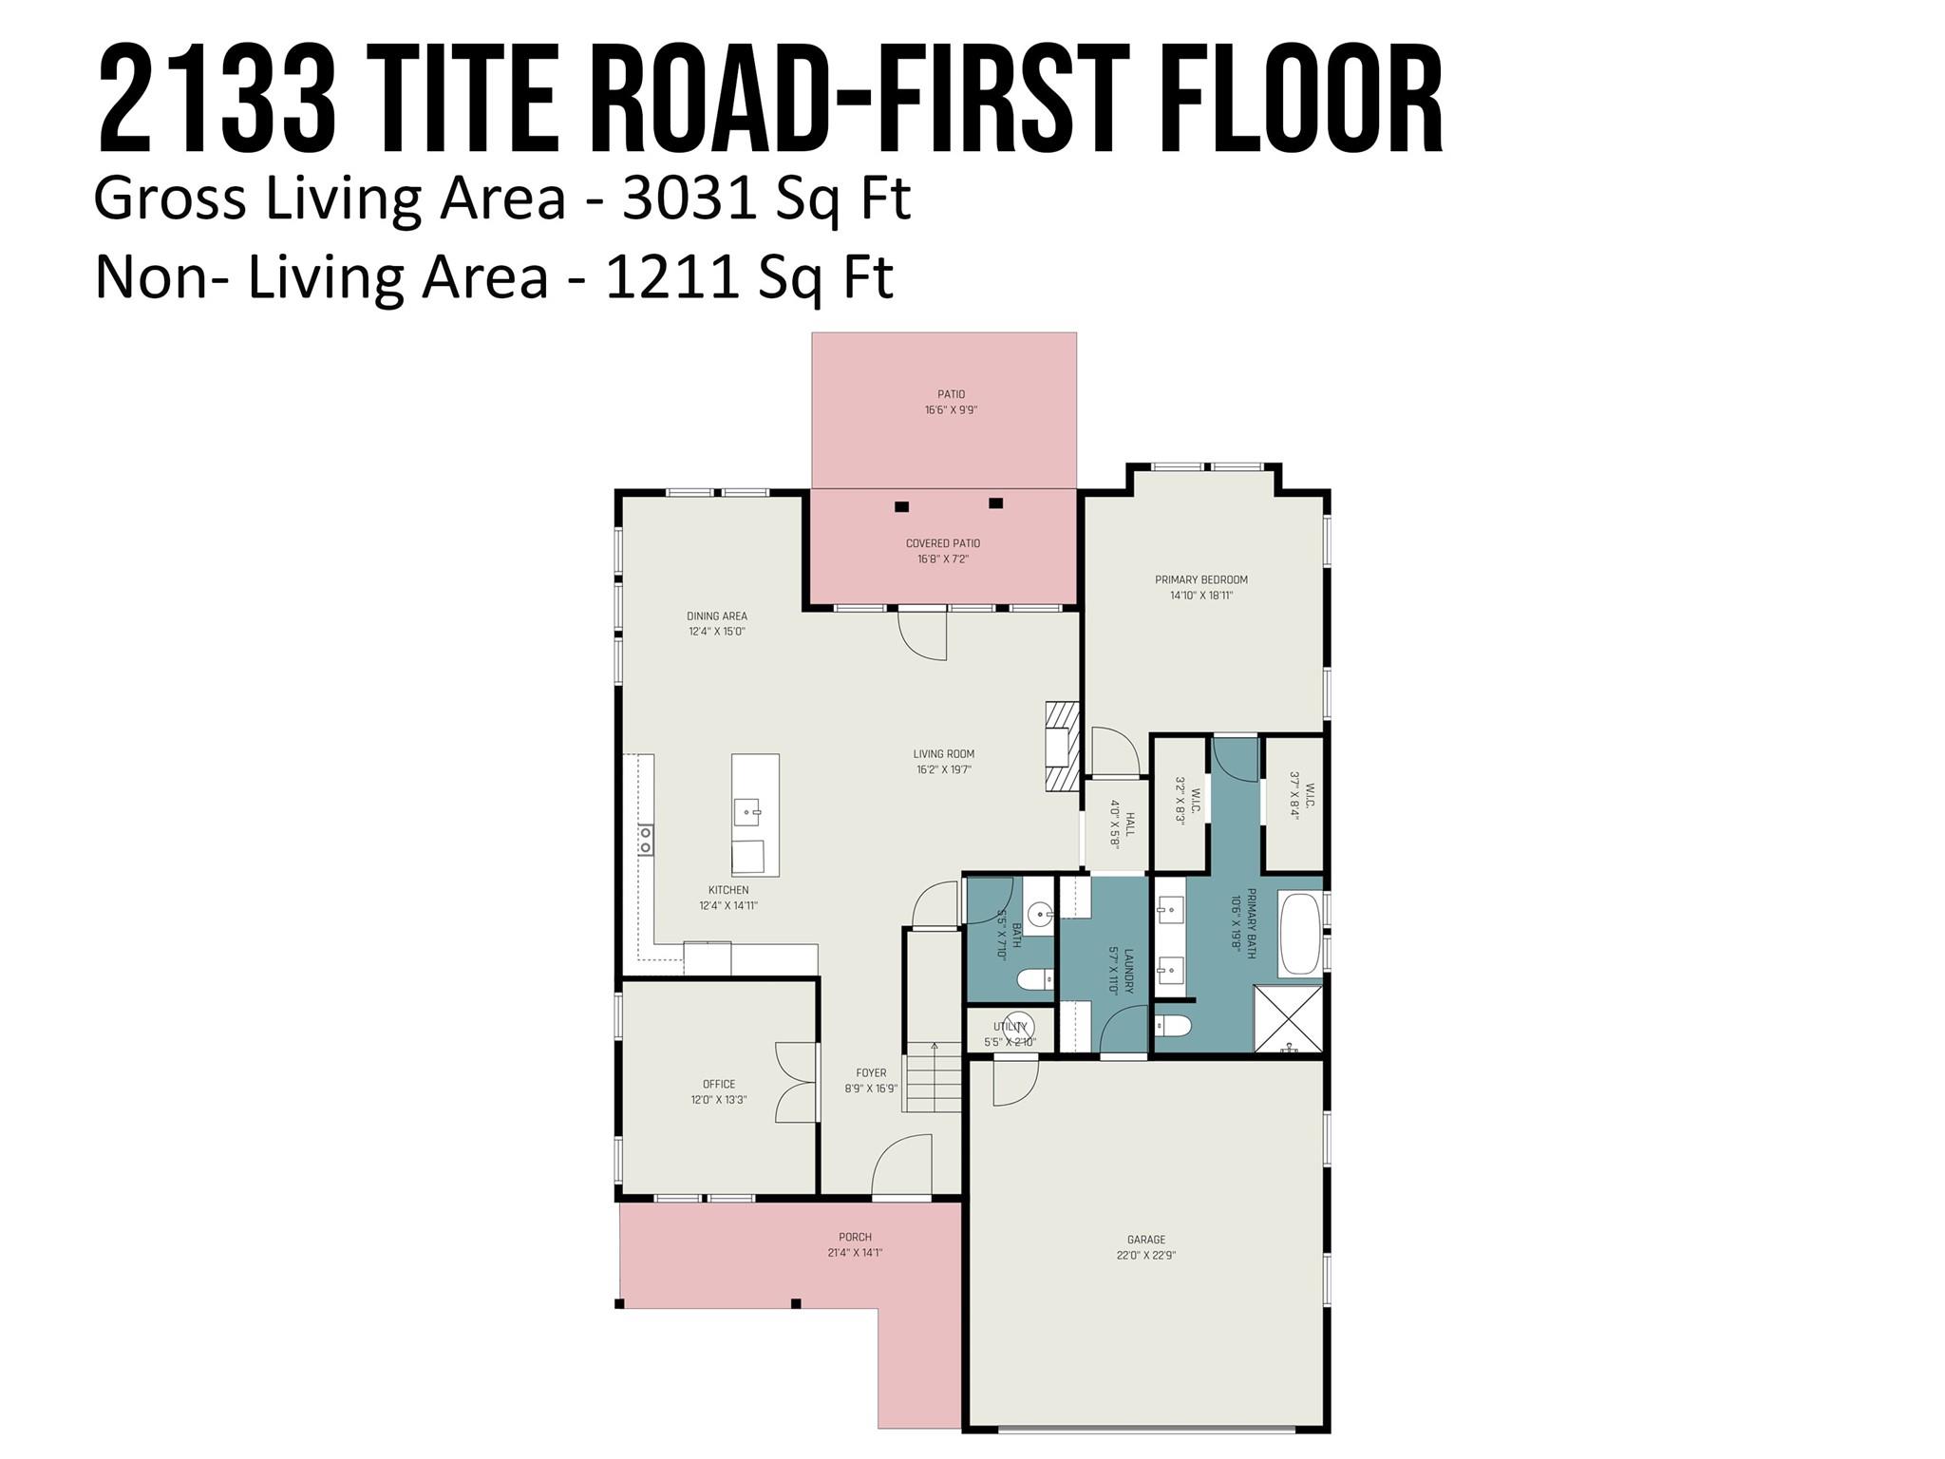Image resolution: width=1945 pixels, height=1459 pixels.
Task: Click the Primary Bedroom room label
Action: tap(1200, 579)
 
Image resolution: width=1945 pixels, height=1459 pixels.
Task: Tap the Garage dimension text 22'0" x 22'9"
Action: tap(1145, 1255)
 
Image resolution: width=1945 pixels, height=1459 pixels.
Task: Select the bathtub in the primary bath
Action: tap(1299, 933)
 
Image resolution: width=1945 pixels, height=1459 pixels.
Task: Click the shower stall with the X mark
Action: tap(1287, 1018)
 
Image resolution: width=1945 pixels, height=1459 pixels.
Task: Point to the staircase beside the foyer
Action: tap(933, 1077)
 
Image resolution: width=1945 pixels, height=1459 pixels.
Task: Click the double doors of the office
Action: tap(795, 1082)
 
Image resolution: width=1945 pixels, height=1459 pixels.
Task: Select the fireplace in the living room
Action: tap(1063, 747)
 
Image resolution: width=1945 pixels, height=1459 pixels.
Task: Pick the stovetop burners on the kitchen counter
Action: tap(646, 840)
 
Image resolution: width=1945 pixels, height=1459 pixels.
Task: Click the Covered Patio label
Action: tap(942, 543)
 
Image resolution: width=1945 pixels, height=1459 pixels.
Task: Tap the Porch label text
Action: tap(855, 1237)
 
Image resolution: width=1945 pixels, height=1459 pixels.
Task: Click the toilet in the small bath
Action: tap(1033, 978)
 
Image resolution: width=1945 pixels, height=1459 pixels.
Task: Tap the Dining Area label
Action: tap(717, 616)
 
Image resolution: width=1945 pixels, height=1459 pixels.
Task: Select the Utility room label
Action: tap(1010, 1027)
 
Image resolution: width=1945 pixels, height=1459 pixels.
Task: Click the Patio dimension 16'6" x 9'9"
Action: tap(951, 410)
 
